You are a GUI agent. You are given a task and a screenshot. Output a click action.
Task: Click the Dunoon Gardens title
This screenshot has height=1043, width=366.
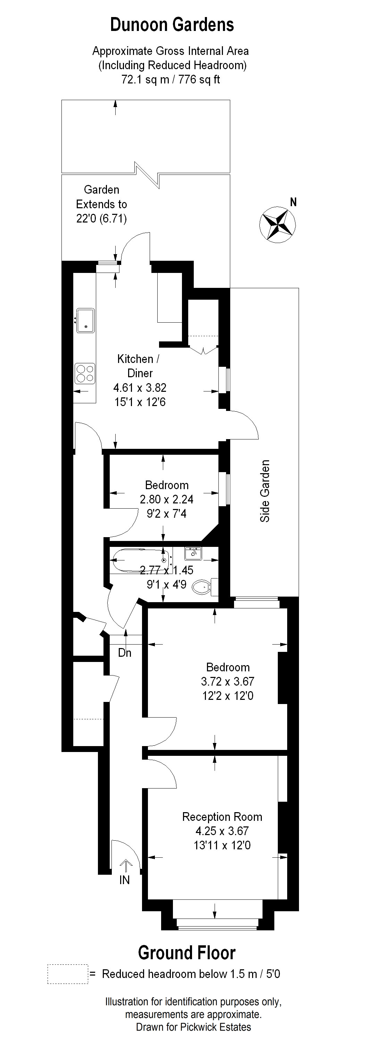[172, 25]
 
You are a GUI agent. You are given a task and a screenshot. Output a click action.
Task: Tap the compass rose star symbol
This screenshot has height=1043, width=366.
[277, 224]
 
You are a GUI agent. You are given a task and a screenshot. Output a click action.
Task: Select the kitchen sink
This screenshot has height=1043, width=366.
[85, 320]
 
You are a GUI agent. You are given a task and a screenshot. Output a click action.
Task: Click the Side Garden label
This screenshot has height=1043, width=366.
[265, 491]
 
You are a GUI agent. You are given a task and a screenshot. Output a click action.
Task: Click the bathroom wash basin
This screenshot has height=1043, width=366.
[193, 553]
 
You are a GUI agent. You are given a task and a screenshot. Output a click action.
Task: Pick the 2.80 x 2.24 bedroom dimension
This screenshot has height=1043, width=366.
[167, 499]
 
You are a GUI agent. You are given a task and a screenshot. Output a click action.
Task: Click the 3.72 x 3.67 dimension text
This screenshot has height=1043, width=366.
[227, 681]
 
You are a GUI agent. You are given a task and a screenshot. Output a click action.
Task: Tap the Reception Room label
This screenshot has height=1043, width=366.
[222, 817]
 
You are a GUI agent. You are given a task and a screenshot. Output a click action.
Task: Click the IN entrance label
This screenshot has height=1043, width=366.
[125, 880]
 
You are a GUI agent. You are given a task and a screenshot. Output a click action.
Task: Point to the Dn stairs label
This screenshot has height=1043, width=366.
[125, 653]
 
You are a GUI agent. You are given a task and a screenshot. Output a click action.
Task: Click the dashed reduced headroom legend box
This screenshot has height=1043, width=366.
[68, 974]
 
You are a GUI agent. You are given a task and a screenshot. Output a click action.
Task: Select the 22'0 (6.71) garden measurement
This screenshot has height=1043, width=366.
[101, 219]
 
